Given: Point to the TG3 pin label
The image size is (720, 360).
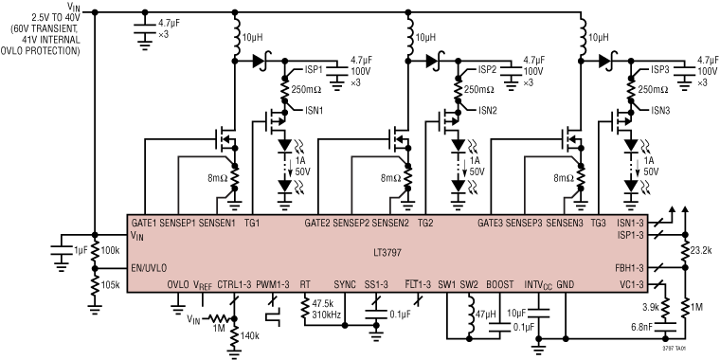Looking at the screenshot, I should [x=598, y=224].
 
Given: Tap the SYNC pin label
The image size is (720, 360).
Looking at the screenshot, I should [x=345, y=283].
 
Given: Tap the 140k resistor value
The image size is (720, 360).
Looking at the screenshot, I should [x=251, y=336].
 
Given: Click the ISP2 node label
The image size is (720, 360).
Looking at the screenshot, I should [x=488, y=70].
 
